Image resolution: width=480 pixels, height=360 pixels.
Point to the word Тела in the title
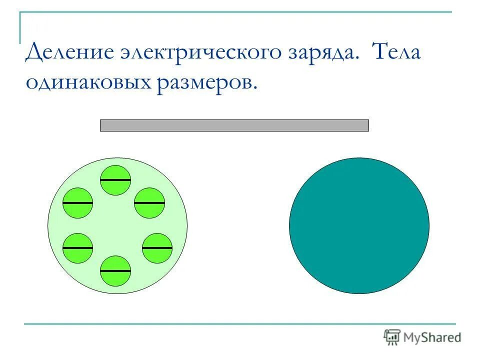(396, 52)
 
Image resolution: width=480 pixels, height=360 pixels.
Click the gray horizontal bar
(234, 125)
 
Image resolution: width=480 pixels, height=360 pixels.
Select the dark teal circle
(359, 225)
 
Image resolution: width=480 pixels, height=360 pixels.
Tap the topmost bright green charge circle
(115, 180)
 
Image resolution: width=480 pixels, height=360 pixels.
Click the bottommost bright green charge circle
(115, 271)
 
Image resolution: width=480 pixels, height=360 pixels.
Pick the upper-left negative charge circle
(78, 203)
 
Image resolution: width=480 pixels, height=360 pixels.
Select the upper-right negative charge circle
(149, 203)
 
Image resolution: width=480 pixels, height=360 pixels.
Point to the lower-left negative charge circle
(78, 248)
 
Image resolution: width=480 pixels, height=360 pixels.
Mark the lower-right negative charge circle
(157, 248)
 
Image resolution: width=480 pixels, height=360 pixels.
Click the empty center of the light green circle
(117, 225)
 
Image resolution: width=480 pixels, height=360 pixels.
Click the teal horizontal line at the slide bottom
(240, 324)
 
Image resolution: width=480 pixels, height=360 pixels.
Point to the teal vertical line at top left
(20, 27)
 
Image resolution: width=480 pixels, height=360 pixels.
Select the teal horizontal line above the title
(235, 12)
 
